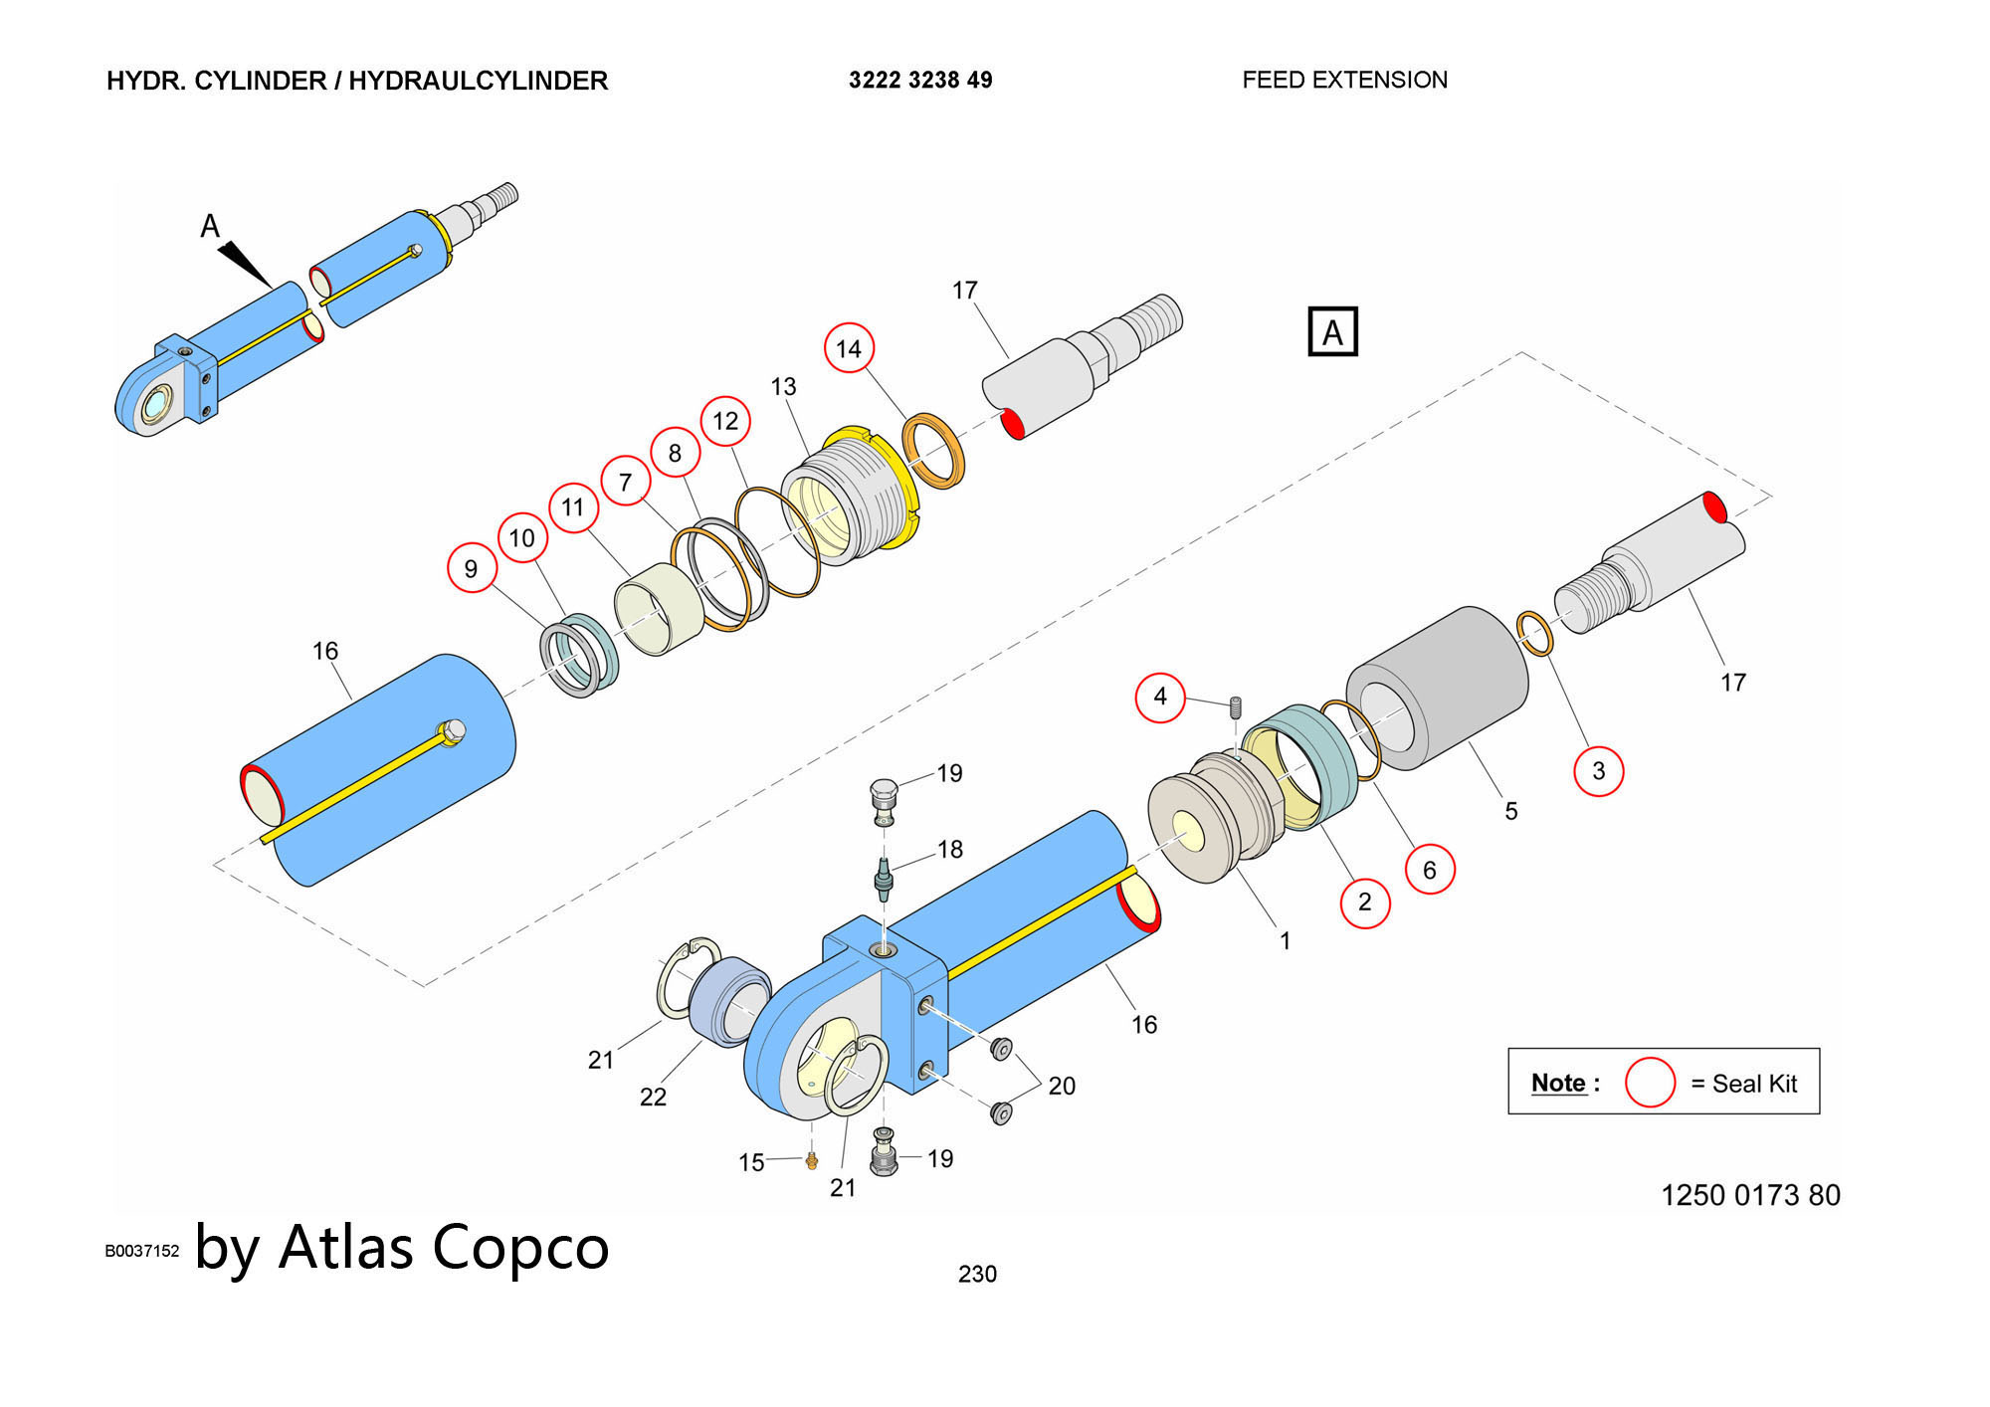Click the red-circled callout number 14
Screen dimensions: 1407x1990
pyautogui.click(x=849, y=348)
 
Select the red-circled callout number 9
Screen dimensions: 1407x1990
pyautogui.click(x=472, y=568)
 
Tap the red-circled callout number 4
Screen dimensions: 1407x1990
pyautogui.click(x=1160, y=697)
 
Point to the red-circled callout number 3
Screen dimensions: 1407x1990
pyautogui.click(x=1598, y=770)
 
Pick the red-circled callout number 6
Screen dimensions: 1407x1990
pyautogui.click(x=1430, y=870)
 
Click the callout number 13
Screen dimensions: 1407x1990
pyautogui.click(x=783, y=386)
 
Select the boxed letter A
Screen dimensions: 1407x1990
pyautogui.click(x=1332, y=332)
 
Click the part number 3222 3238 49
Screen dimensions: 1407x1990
pyautogui.click(x=920, y=81)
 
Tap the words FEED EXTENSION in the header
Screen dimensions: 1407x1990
pyautogui.click(x=1344, y=81)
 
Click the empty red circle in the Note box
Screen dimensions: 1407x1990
pyautogui.click(x=1650, y=1083)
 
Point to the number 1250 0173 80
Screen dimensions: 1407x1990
pyautogui.click(x=1750, y=1195)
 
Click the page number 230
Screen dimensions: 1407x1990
pyautogui.click(x=977, y=1274)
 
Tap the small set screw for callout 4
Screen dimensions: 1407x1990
pyautogui.click(x=1236, y=706)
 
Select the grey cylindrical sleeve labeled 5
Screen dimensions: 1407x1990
pyautogui.click(x=1438, y=689)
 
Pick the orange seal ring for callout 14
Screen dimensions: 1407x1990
pyautogui.click(x=933, y=450)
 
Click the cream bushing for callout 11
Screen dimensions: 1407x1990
pyautogui.click(x=660, y=608)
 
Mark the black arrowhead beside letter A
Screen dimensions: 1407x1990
pyautogui.click(x=245, y=264)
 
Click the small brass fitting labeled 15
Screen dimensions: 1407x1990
pyautogui.click(x=812, y=1160)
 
